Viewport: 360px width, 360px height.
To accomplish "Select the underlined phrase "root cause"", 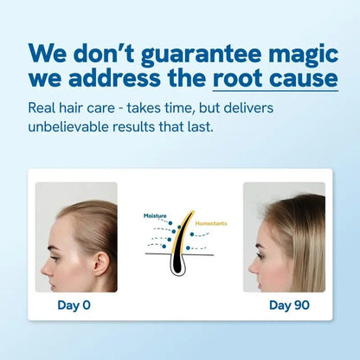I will (274, 80).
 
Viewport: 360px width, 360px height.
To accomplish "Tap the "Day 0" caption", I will (74, 305).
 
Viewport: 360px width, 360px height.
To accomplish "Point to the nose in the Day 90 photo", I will (251, 257).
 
